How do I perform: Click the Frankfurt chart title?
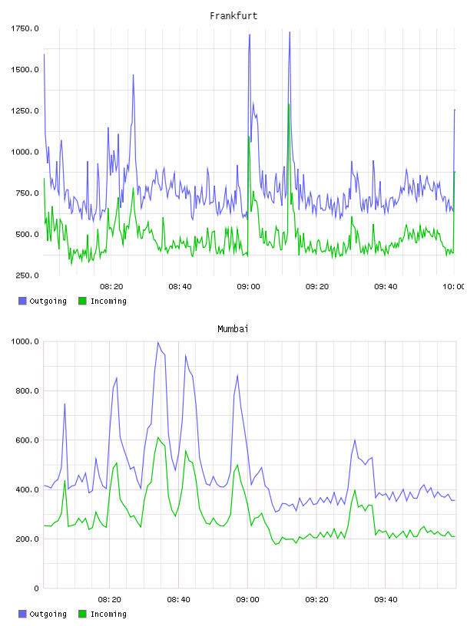[x=233, y=16]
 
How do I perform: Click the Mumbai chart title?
[x=233, y=329]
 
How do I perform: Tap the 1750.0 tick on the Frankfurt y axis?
[x=25, y=28]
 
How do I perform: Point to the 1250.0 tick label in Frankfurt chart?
[x=25, y=110]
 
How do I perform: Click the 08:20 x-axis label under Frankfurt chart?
[x=111, y=287]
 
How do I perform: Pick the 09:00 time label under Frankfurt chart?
[x=248, y=287]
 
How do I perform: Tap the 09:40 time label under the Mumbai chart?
[x=386, y=600]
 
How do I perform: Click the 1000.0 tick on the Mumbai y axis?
[x=25, y=341]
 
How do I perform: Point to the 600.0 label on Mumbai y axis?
[x=27, y=440]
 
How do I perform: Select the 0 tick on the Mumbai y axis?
[x=36, y=588]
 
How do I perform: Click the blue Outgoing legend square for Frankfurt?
[x=22, y=301]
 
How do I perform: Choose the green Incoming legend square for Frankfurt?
[x=82, y=301]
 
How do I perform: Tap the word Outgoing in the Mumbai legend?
[x=48, y=614]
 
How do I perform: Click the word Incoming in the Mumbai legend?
[x=108, y=614]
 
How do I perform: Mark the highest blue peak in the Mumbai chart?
[x=158, y=342]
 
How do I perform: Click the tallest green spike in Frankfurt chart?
[x=288, y=104]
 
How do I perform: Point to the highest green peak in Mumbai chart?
[x=158, y=437]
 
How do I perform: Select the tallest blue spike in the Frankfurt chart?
[x=290, y=32]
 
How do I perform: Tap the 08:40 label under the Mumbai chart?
[x=179, y=600]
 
